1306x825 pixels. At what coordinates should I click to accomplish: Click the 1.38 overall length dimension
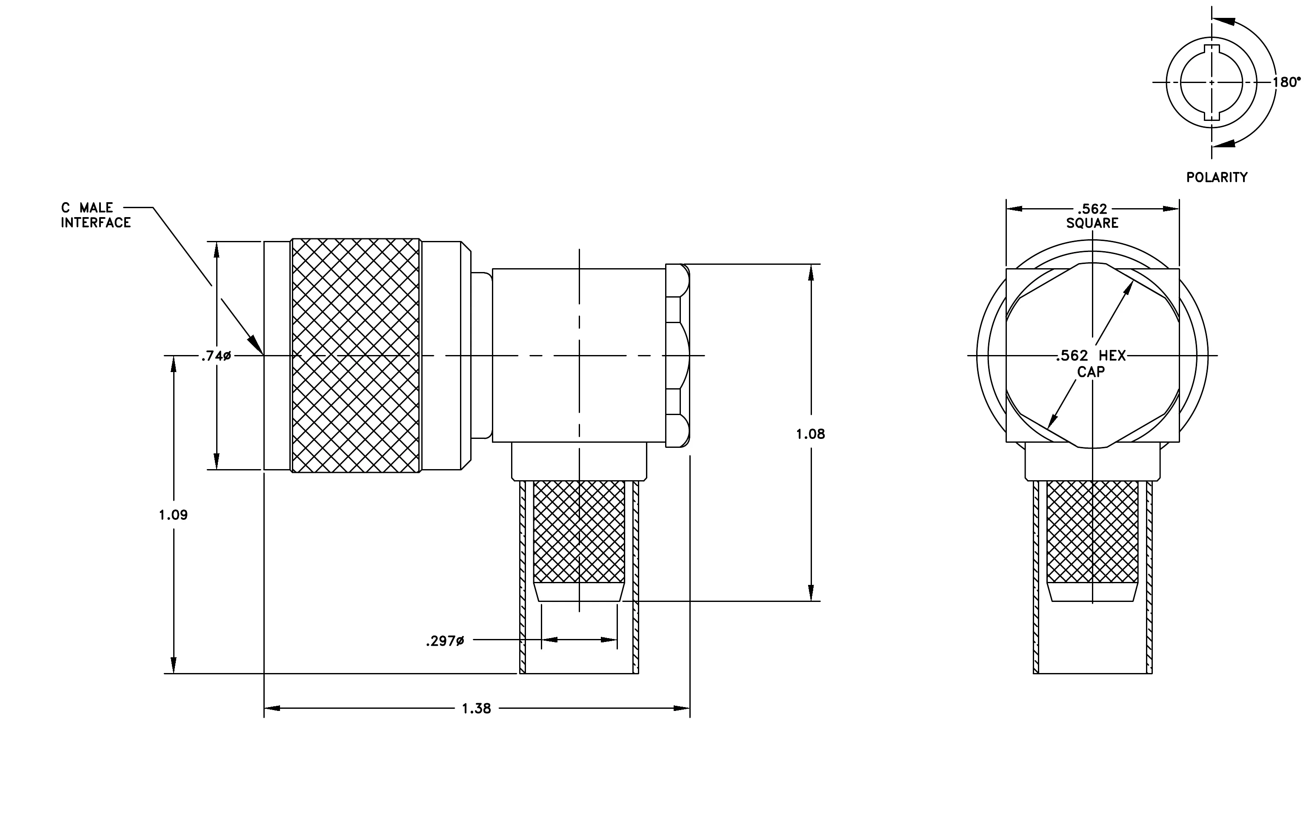coord(476,708)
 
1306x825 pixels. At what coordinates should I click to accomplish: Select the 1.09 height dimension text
coord(173,515)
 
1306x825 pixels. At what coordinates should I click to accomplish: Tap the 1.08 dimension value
coord(810,434)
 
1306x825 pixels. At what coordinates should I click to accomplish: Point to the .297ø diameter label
coord(445,642)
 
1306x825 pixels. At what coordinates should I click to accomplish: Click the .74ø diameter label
coord(216,356)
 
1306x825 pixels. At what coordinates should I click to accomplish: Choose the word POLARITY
coord(1217,178)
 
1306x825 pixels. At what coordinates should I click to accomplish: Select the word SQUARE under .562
coord(1092,223)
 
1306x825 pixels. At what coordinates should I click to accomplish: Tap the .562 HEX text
coord(1091,356)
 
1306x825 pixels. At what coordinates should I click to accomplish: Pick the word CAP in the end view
coord(1091,372)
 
